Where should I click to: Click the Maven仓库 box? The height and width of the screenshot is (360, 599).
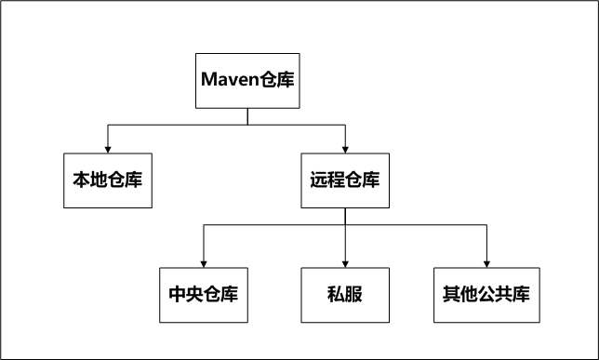tap(247, 78)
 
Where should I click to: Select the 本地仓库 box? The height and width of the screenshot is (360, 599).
tap(107, 179)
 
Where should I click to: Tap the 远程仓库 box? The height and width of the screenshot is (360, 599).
tap(344, 179)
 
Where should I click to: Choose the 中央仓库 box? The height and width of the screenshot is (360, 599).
tap(203, 295)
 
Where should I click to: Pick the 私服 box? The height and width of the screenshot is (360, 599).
tap(344, 295)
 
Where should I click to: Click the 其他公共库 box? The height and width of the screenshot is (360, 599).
tap(486, 295)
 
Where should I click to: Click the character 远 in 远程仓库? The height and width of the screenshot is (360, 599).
tap(318, 179)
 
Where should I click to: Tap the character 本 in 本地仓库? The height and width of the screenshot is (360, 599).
tap(81, 179)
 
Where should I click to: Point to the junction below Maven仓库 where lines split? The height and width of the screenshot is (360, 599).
tap(247, 124)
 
